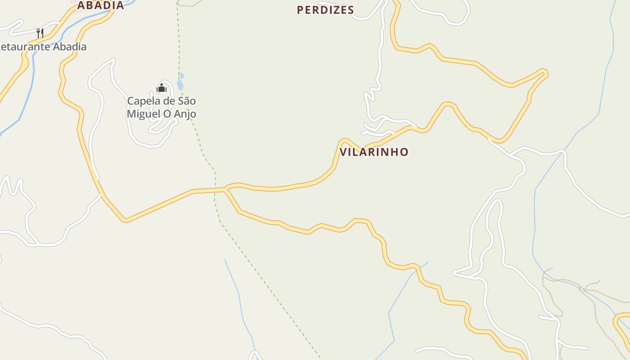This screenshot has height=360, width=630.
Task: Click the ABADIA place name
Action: pyautogui.click(x=100, y=5)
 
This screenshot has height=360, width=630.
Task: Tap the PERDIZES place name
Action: pyautogui.click(x=325, y=10)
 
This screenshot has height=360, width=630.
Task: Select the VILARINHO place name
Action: pyautogui.click(x=374, y=152)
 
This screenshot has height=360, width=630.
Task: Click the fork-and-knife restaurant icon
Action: pyautogui.click(x=40, y=33)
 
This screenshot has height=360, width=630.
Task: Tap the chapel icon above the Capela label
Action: pyautogui.click(x=162, y=87)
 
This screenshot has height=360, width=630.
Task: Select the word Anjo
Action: pyautogui.click(x=185, y=114)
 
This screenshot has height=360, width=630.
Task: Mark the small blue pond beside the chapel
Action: pyautogui.click(x=180, y=84)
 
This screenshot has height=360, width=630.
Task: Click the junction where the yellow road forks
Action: pyautogui.click(x=225, y=189)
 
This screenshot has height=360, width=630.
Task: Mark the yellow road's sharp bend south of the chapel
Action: pyautogui.click(x=125, y=220)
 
